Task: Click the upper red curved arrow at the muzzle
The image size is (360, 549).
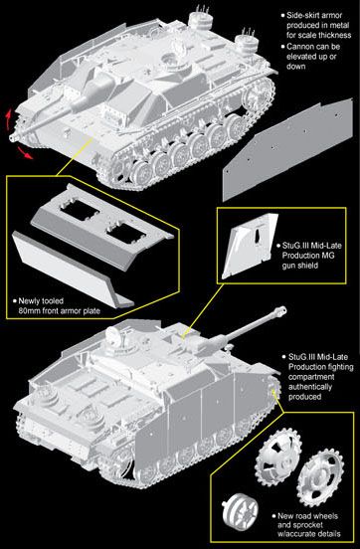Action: click(9, 119)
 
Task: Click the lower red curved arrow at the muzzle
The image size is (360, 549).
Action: click(25, 153)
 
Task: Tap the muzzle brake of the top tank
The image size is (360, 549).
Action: click(14, 136)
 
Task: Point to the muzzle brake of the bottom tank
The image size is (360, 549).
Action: click(280, 309)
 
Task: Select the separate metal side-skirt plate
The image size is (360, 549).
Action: click(287, 149)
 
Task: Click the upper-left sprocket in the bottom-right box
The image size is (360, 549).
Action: click(278, 457)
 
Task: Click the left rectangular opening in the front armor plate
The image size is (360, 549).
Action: click(80, 211)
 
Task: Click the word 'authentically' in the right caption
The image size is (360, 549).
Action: click(310, 387)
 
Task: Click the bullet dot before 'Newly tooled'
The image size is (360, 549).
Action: click(14, 301)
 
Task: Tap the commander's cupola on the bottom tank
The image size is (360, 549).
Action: click(116, 337)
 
